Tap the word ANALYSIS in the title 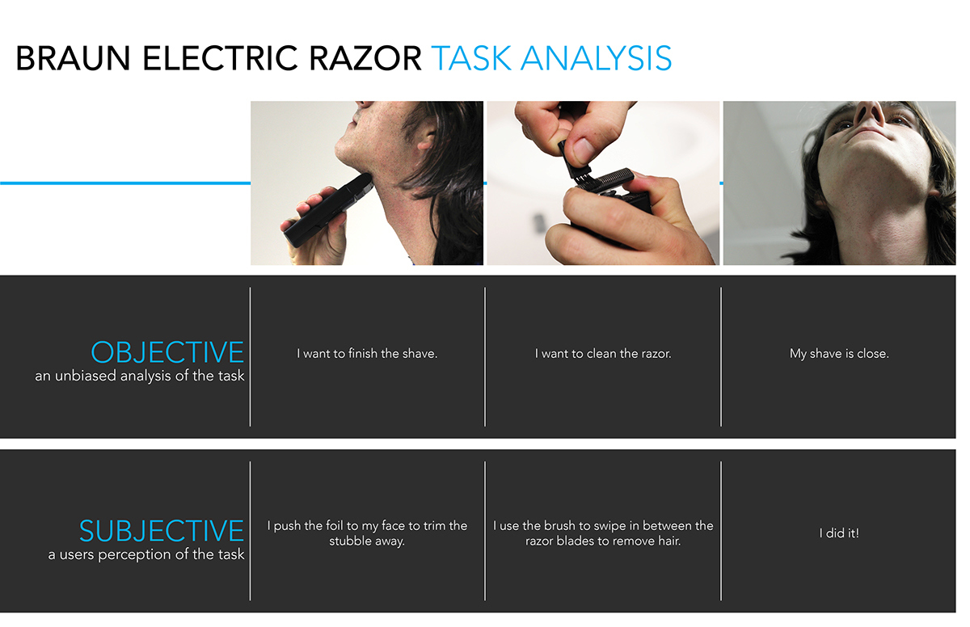point(597,59)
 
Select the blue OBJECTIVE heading point(167,353)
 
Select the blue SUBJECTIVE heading point(162,531)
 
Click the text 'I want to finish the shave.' point(367,354)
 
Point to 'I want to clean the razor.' point(603,354)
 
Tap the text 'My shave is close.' point(839,354)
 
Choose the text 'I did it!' point(839,533)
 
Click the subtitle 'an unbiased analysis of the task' point(139,376)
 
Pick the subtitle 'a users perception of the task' point(146,554)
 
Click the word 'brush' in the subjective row point(560,525)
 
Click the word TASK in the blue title point(471,59)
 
